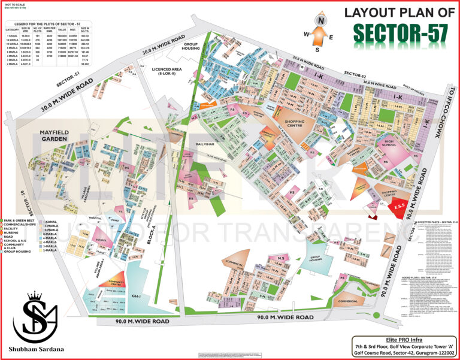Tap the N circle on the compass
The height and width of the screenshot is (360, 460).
coord(322,20)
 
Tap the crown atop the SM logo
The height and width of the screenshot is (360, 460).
coord(35,297)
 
